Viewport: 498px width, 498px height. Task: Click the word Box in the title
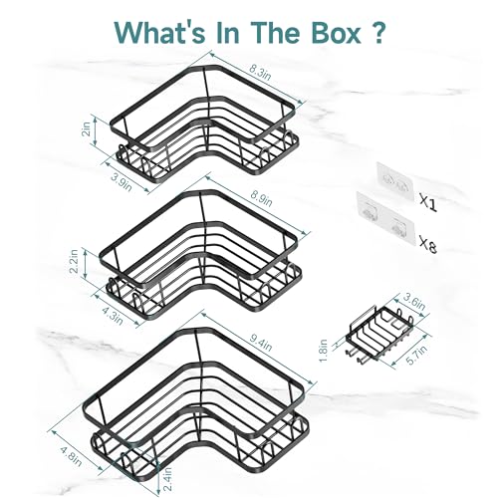(x=336, y=32)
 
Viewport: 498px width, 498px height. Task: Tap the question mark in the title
(x=376, y=32)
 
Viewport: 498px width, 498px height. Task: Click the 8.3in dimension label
(x=260, y=72)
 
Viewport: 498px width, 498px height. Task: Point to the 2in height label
(x=87, y=128)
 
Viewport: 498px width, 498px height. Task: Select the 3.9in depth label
(x=122, y=181)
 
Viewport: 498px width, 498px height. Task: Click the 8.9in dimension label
(x=261, y=198)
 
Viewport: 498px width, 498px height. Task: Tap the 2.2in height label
(x=74, y=261)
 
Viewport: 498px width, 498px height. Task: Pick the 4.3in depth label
(x=113, y=316)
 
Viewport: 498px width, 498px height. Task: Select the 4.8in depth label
(x=71, y=456)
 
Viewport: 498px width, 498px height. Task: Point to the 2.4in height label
(x=168, y=479)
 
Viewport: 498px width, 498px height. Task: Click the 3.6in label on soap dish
(x=413, y=302)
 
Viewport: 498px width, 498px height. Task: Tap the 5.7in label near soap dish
(x=416, y=356)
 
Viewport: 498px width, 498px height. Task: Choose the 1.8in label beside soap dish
(x=325, y=351)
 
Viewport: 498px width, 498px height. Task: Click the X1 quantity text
(x=428, y=203)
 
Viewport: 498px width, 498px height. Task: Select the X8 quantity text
(x=428, y=244)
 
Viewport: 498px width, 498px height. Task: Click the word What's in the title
(x=159, y=32)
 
